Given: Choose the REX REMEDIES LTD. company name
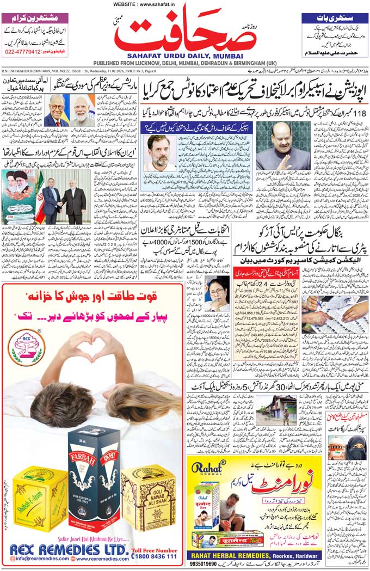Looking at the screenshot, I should (67, 549).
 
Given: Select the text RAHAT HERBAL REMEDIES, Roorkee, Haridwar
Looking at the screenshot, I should (254, 555).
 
